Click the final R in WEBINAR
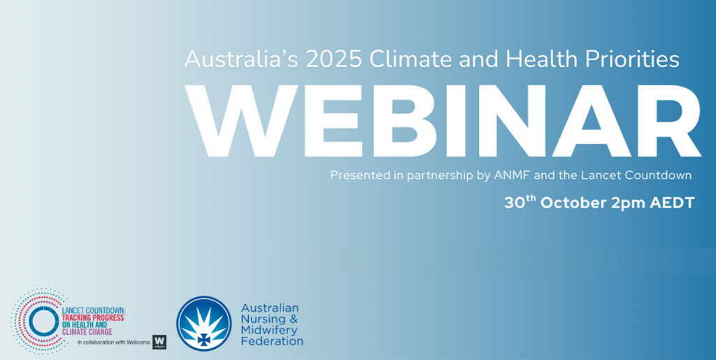(671, 120)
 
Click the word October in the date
(573, 203)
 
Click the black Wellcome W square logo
(159, 343)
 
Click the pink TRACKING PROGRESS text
(93, 317)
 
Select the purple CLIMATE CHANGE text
(87, 332)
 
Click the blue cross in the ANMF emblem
(204, 338)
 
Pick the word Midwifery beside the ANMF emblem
(269, 330)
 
